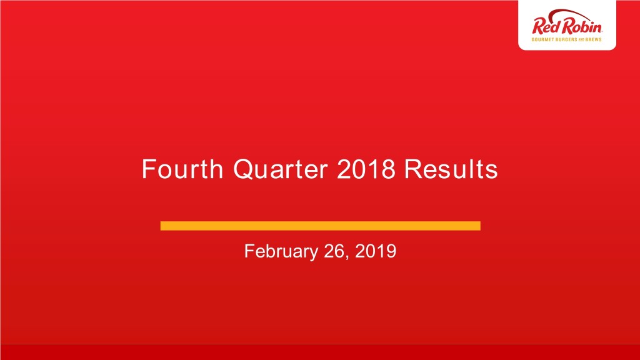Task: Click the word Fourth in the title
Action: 182,169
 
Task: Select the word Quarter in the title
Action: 281,170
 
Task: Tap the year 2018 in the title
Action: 366,169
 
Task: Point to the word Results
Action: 451,169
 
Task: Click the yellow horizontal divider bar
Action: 321,226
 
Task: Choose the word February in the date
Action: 281,251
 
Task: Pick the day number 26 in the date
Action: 334,251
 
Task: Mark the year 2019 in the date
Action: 376,251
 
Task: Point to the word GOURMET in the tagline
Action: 543,39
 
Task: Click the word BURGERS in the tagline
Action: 567,39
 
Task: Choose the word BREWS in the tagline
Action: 594,39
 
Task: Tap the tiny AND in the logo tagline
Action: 582,39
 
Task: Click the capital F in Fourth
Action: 148,169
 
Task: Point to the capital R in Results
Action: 414,169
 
